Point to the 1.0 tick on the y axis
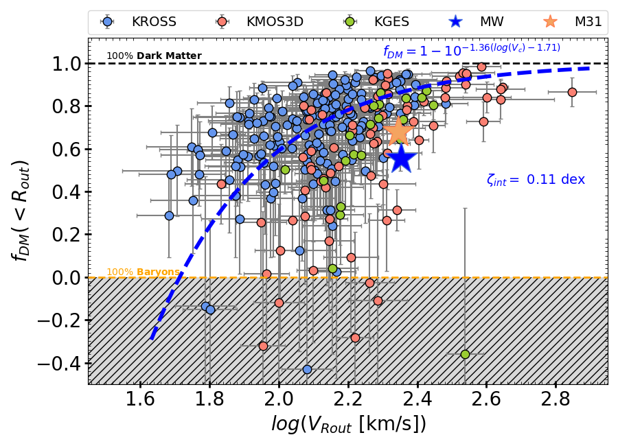65,64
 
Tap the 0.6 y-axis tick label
65,150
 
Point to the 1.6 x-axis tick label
141,400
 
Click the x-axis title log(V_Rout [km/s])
348,425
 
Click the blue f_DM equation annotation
472,49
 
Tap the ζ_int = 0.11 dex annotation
536,180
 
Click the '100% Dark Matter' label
154,56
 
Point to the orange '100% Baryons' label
143,272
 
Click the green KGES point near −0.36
465,354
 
